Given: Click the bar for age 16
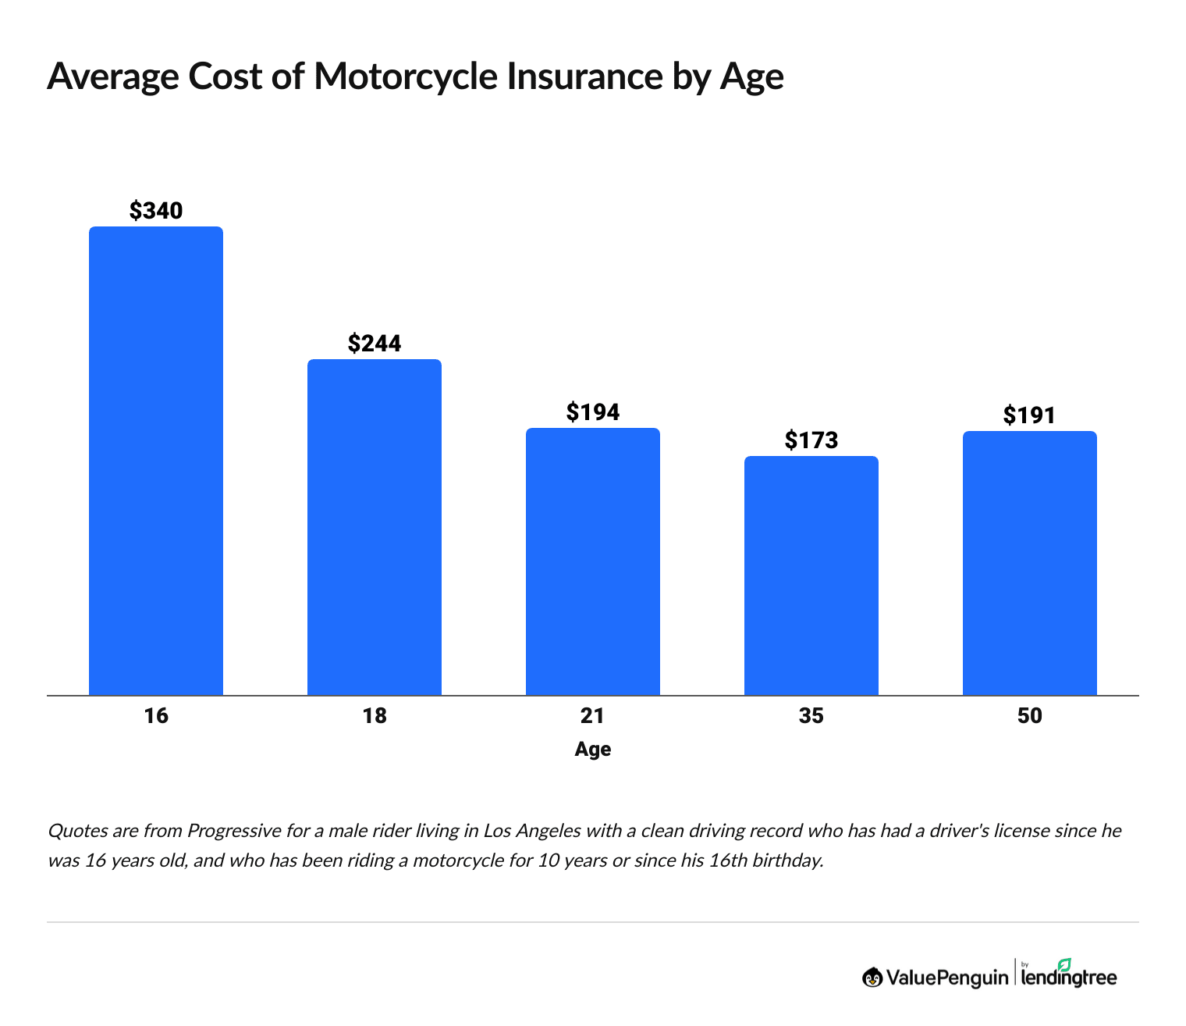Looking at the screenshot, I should [156, 461].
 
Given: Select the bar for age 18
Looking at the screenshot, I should [375, 527].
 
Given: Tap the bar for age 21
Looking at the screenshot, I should [593, 561].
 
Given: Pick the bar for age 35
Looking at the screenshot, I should [811, 575].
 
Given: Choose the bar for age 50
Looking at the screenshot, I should [1030, 563].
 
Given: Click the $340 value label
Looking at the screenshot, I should [156, 210].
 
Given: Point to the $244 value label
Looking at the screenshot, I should [375, 343].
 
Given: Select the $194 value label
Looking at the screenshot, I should [593, 411].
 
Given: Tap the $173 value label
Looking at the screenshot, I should [811, 440].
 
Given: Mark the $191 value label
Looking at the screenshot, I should [1030, 415].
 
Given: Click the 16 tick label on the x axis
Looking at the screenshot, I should [156, 715].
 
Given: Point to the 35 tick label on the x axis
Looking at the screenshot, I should [811, 715].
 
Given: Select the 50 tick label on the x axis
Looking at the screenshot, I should [1030, 715].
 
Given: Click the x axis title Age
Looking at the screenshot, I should [593, 750].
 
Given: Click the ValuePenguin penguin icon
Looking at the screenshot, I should [872, 977].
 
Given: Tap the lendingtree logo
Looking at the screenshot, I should [1069, 974].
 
